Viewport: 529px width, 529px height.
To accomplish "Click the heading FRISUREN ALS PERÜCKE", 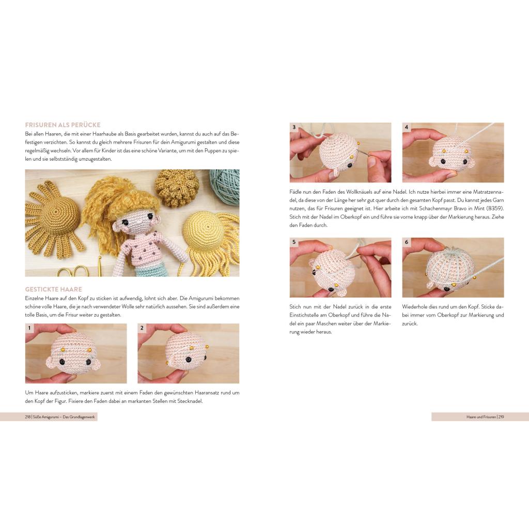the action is (63, 125).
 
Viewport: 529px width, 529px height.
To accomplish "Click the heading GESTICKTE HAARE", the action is (54, 289).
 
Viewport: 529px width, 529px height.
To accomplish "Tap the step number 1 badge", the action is (29, 328).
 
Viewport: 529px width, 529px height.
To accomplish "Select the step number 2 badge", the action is (142, 328).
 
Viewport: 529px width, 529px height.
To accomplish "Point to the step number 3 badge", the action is (294, 127).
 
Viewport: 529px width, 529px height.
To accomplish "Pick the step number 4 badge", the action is (407, 127).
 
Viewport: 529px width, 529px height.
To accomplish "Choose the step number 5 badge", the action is (294, 242).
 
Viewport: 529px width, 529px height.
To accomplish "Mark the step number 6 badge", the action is (407, 242).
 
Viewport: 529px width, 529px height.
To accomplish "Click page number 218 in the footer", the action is (28, 417).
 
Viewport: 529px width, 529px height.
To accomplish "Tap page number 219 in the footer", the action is (501, 417).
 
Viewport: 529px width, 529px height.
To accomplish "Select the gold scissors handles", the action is (72, 271).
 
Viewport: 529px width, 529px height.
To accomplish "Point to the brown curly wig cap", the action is (172, 188).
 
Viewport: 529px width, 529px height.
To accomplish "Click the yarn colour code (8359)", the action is (495, 209).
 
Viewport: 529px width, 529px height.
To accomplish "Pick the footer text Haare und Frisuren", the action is (481, 417).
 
